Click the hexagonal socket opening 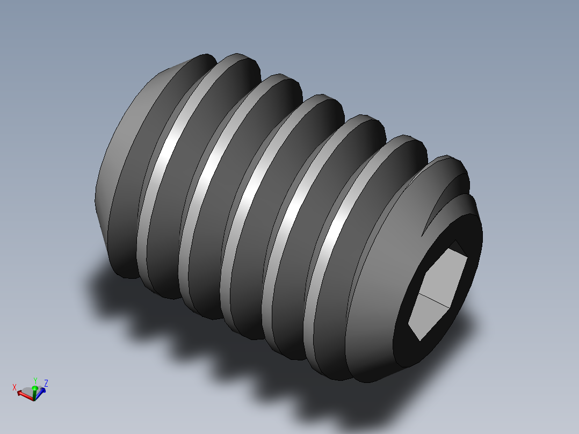pyautogui.click(x=438, y=293)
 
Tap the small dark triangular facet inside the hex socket pyautogui.click(x=457, y=248)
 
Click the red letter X pyautogui.click(x=15, y=387)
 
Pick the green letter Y pyautogui.click(x=35, y=380)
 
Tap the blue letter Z pyautogui.click(x=46, y=383)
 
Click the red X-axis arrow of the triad pyautogui.click(x=24, y=394)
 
